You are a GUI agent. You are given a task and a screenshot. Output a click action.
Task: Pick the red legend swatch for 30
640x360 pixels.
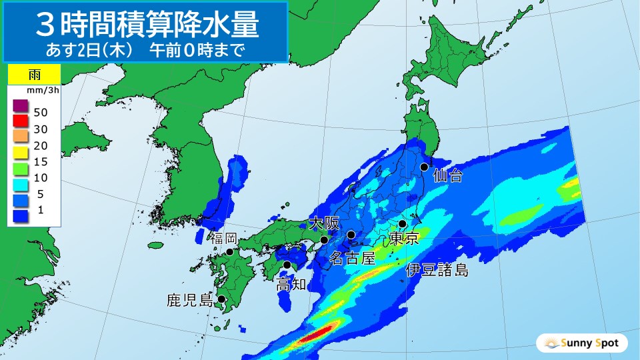21,121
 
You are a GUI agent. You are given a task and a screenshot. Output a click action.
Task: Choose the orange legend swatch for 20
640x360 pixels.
21,137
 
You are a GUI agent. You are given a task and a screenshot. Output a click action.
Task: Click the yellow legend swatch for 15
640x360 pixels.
21,153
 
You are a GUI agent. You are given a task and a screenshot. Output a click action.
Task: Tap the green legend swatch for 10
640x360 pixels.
21,168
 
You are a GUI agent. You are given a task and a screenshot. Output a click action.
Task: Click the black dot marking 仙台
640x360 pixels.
424,167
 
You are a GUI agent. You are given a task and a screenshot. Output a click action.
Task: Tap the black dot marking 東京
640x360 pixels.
403,225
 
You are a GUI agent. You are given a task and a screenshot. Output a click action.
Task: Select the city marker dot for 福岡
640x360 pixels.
229,252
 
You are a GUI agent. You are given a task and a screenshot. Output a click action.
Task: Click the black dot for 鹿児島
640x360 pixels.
221,299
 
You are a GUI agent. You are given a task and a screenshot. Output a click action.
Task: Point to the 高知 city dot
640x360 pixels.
287,265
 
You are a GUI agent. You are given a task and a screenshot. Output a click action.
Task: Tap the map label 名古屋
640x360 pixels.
355,258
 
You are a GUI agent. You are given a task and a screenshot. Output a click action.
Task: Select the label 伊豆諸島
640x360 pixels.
437,270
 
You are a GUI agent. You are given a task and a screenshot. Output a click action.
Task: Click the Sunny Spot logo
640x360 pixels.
582,343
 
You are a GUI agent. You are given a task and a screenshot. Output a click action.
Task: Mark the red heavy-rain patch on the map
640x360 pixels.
317,333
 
